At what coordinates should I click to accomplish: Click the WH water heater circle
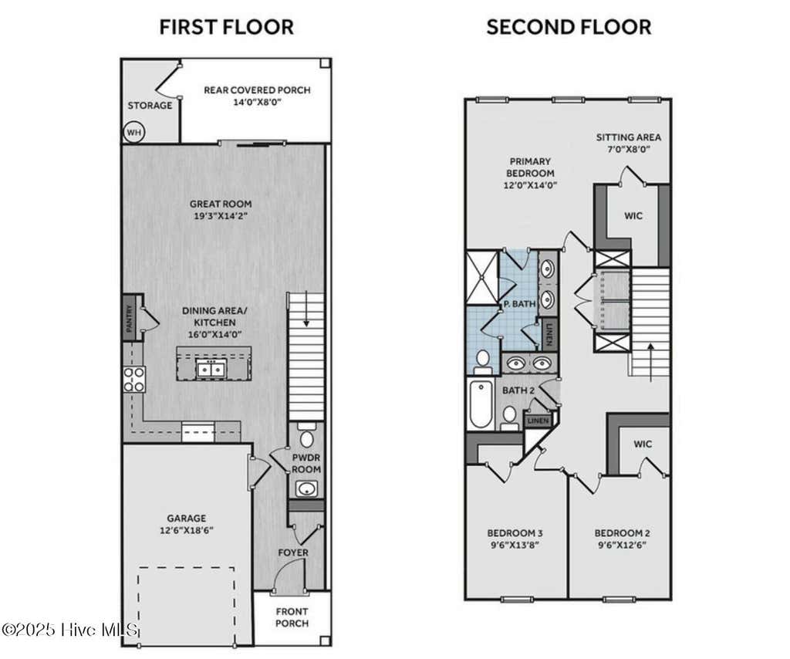(x=133, y=133)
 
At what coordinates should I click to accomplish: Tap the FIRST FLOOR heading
(x=227, y=27)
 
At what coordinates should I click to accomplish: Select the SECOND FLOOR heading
(x=569, y=27)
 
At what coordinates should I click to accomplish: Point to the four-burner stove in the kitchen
(x=134, y=380)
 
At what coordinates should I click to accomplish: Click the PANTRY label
(x=130, y=319)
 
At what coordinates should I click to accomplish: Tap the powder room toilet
(x=306, y=436)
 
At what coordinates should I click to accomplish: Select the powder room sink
(x=306, y=488)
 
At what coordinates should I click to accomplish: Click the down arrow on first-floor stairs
(x=306, y=316)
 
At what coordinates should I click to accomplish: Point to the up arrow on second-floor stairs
(x=651, y=360)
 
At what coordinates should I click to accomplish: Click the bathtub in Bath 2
(x=480, y=404)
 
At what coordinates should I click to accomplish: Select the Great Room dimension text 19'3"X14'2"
(x=220, y=217)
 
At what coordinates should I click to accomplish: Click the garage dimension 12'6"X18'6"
(x=187, y=530)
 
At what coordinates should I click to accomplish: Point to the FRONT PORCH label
(x=292, y=617)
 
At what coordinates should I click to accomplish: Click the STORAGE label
(x=150, y=105)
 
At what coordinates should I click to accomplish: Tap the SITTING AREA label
(x=628, y=137)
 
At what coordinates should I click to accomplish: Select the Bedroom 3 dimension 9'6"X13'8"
(x=515, y=545)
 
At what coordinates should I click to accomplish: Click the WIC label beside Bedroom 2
(x=643, y=444)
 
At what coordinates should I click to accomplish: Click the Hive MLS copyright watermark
(x=70, y=629)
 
